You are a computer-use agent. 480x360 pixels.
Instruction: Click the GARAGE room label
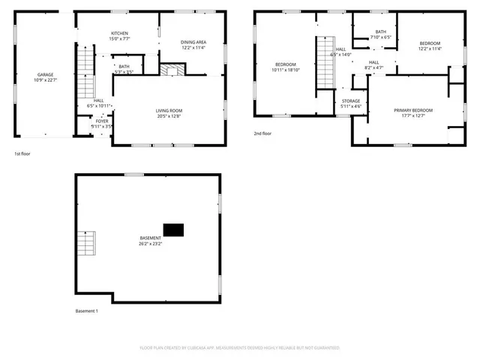click(45, 75)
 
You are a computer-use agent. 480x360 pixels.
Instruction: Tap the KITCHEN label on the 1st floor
click(119, 33)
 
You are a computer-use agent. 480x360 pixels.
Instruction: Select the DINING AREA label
click(193, 42)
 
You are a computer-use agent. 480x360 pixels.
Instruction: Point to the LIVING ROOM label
click(169, 110)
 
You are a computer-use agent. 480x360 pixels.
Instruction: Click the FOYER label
click(101, 121)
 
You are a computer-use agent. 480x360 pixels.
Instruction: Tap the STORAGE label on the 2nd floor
click(351, 100)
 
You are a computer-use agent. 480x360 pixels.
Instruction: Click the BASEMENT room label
click(150, 238)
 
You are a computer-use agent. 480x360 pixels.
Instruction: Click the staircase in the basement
click(88, 244)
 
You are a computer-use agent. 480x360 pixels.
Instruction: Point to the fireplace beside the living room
click(171, 70)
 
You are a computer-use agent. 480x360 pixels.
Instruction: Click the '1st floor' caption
click(22, 154)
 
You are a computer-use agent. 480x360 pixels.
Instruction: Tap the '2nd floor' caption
click(263, 133)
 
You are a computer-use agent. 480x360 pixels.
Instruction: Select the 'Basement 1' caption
click(87, 310)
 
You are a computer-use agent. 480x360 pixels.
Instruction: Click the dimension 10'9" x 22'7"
click(45, 79)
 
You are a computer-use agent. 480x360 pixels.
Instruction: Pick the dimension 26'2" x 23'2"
click(150, 243)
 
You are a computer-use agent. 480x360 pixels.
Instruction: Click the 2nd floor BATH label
click(381, 31)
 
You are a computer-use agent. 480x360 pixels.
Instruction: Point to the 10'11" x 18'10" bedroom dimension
click(286, 69)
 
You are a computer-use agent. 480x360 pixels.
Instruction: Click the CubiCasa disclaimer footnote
click(240, 348)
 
